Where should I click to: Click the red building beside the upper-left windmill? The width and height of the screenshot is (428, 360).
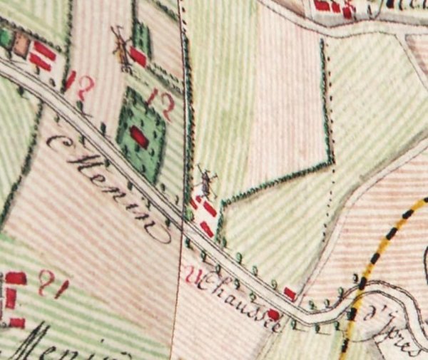tap(138, 57)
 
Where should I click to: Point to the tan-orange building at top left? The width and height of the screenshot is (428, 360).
tap(21, 46)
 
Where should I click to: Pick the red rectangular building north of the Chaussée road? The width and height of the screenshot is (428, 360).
tap(290, 293)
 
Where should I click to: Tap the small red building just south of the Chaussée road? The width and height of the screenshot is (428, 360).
tap(273, 314)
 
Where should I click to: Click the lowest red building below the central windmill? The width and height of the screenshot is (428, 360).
tap(206, 229)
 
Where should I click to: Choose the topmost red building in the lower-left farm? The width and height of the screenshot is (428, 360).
tap(16, 278)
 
